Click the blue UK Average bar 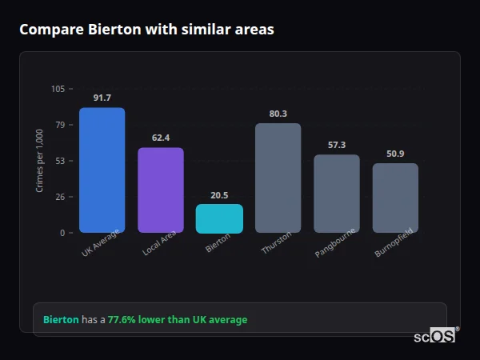click(102, 170)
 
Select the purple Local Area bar click(161, 190)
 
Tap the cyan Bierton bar click(219, 218)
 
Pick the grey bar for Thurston click(278, 178)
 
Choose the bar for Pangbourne click(337, 194)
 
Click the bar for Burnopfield click(395, 198)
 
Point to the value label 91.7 click(102, 98)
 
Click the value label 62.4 click(161, 138)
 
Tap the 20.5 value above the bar click(219, 194)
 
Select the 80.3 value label click(278, 114)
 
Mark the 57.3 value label click(337, 145)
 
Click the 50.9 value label click(395, 154)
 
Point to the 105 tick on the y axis click(58, 89)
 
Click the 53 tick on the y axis click(60, 161)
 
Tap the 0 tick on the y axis click(62, 233)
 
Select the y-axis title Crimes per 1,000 click(40, 161)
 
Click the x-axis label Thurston click(277, 243)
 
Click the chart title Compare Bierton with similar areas click(146, 30)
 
